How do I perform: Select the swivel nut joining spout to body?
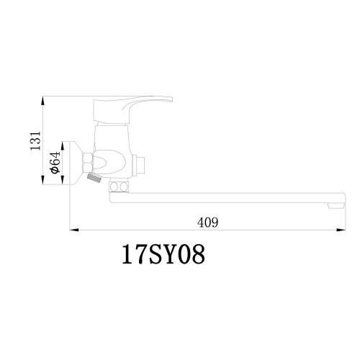(x=119, y=189)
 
